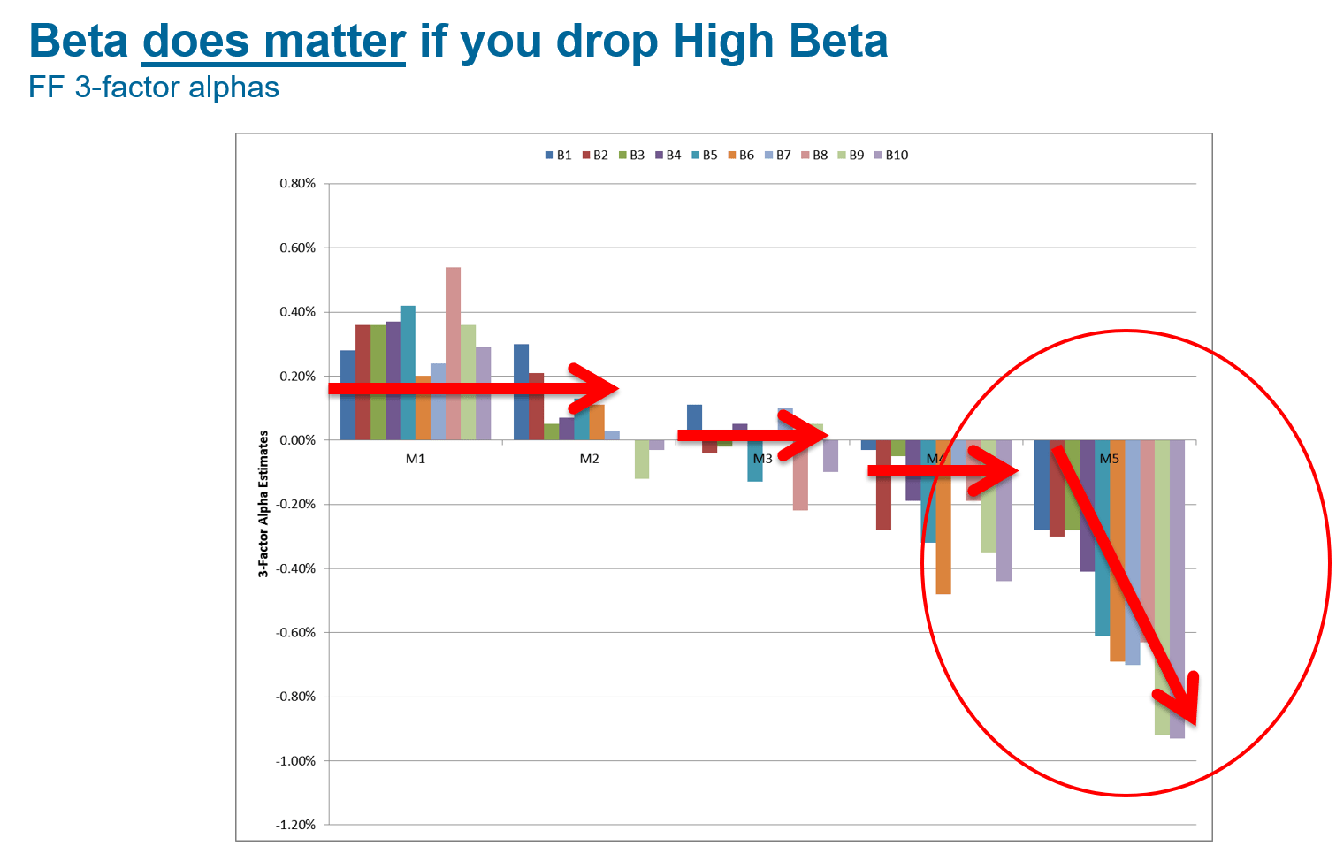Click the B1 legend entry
coord(558,155)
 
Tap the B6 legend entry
coord(741,155)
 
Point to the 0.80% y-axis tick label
coord(298,184)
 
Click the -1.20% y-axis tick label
coord(296,825)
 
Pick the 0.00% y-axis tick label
coord(298,440)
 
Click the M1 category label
coord(416,459)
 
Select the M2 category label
coord(589,459)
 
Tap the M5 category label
coord(1109,459)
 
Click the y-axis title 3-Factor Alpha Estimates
coord(263,504)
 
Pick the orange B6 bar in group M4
coord(943,530)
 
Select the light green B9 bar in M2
coord(642,459)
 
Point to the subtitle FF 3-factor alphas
coord(154,88)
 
